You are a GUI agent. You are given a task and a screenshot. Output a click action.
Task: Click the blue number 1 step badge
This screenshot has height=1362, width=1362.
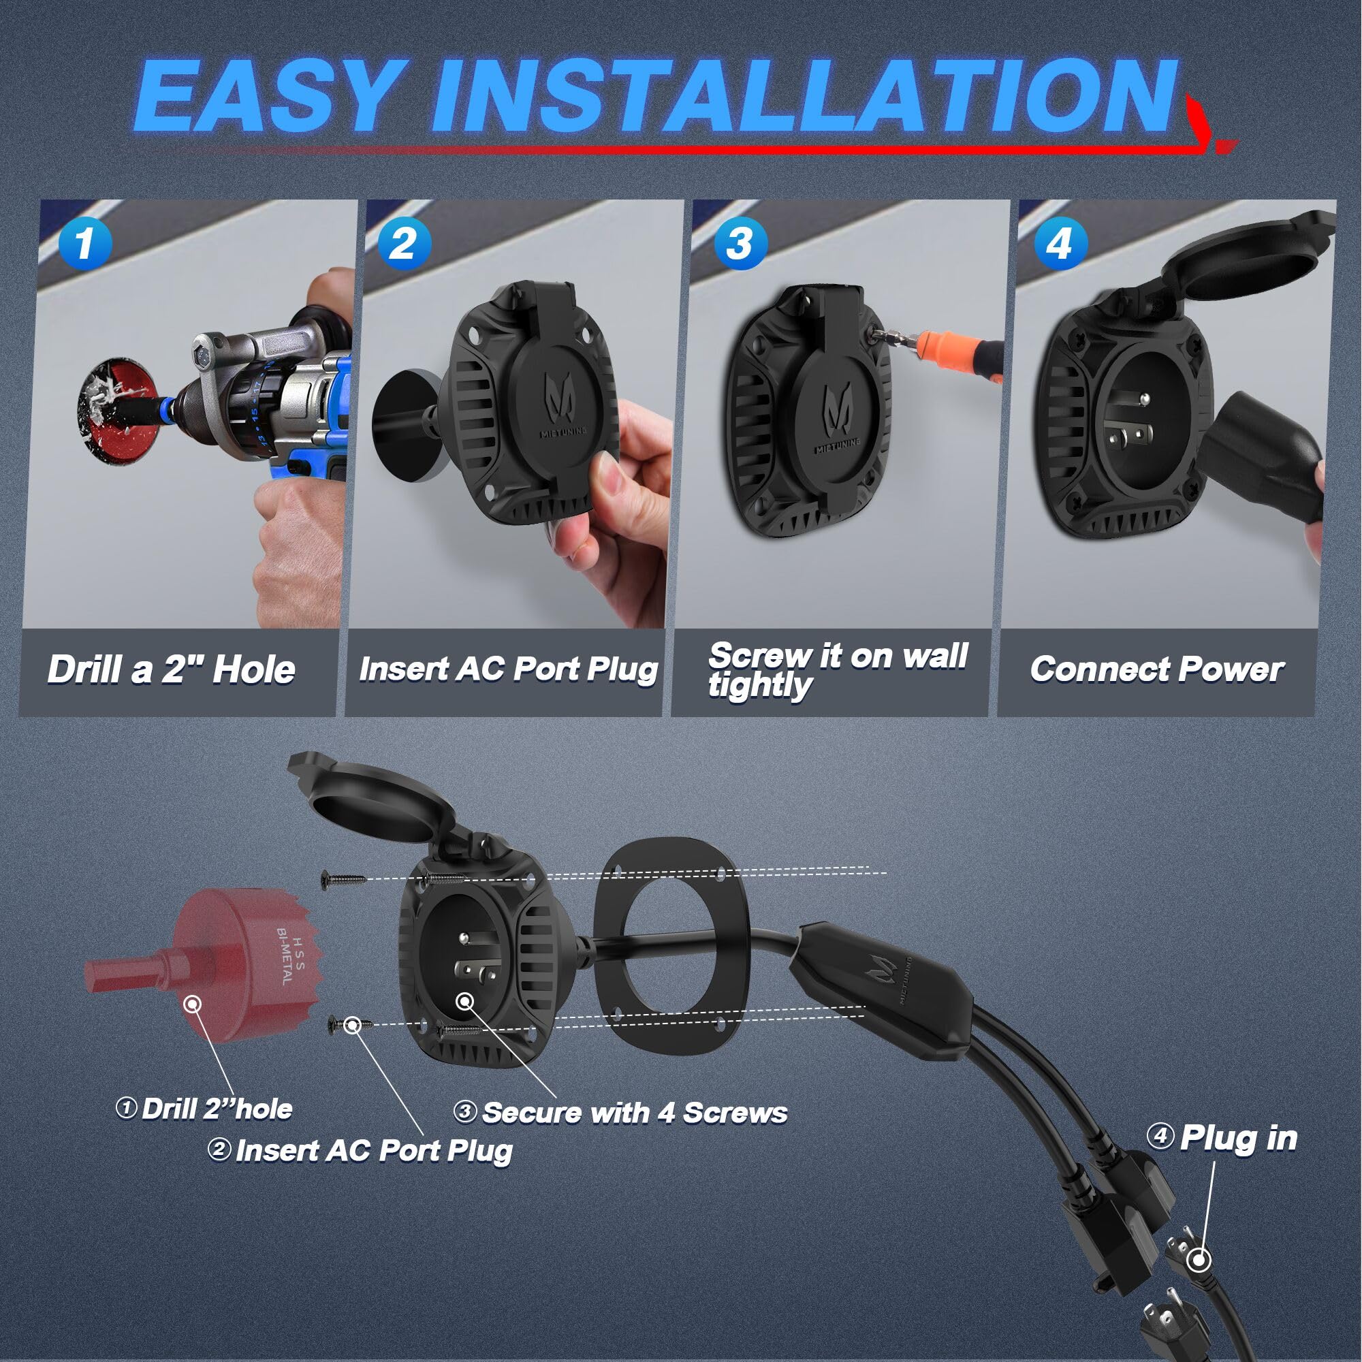tap(84, 243)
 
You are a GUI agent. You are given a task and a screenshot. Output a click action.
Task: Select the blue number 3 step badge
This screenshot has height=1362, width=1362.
tap(739, 243)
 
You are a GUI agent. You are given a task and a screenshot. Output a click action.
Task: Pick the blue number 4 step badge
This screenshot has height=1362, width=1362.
tap(1060, 243)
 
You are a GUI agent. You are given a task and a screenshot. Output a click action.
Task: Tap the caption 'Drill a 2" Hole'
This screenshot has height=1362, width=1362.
tap(172, 669)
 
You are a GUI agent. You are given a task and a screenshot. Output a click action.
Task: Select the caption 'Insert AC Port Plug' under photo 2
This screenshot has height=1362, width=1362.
tap(507, 669)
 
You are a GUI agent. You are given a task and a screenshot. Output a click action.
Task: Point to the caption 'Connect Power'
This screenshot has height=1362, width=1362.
tap(1156, 669)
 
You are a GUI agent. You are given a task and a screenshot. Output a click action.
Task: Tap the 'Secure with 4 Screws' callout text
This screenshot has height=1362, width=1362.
tap(635, 1113)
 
